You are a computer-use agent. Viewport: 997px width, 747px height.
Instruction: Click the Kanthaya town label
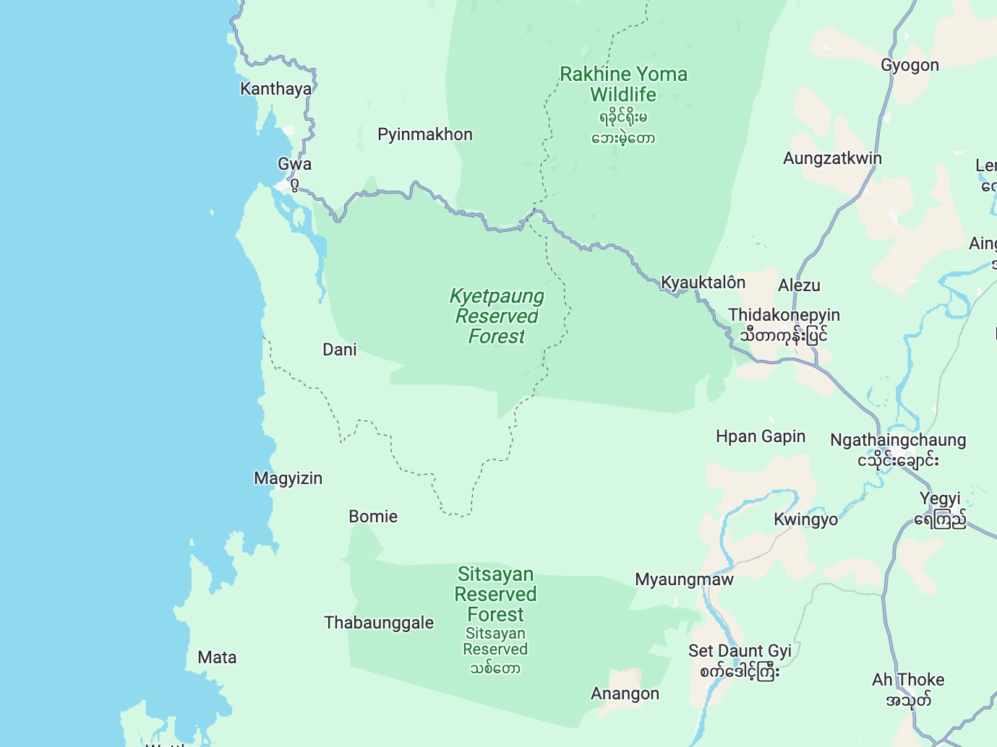pyautogui.click(x=275, y=89)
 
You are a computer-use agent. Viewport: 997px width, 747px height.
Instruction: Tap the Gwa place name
pyautogui.click(x=294, y=164)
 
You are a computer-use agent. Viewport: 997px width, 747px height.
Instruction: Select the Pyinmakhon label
pyautogui.click(x=424, y=134)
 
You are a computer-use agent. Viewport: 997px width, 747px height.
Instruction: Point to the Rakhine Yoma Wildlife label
pyautogui.click(x=623, y=85)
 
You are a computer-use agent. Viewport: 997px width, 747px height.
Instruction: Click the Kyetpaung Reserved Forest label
pyautogui.click(x=497, y=316)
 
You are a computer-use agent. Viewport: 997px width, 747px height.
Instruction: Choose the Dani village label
pyautogui.click(x=339, y=350)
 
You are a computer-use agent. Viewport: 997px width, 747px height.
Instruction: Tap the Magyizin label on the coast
pyautogui.click(x=288, y=478)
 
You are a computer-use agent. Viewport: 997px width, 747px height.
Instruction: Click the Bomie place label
pyautogui.click(x=373, y=517)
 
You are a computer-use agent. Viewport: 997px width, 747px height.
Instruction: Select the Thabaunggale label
pyautogui.click(x=379, y=623)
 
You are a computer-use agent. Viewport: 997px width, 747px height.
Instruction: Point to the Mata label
pyautogui.click(x=217, y=657)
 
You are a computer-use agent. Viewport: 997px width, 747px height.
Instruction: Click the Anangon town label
pyautogui.click(x=625, y=694)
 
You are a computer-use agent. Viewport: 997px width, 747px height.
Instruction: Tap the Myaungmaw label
pyautogui.click(x=684, y=579)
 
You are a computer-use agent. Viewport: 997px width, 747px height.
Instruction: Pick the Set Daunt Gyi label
pyautogui.click(x=740, y=651)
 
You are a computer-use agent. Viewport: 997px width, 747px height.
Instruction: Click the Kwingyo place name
pyautogui.click(x=805, y=519)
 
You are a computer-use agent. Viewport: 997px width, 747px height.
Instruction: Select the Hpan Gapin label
pyautogui.click(x=760, y=436)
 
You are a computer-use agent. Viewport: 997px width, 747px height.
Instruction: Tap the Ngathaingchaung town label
pyautogui.click(x=898, y=440)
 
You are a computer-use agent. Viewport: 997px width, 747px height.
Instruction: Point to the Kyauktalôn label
pyautogui.click(x=703, y=282)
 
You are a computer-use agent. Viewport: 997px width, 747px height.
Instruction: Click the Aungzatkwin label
pyautogui.click(x=832, y=158)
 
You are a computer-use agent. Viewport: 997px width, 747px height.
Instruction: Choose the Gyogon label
pyautogui.click(x=910, y=65)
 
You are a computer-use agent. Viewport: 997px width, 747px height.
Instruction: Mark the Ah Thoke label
pyautogui.click(x=908, y=680)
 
